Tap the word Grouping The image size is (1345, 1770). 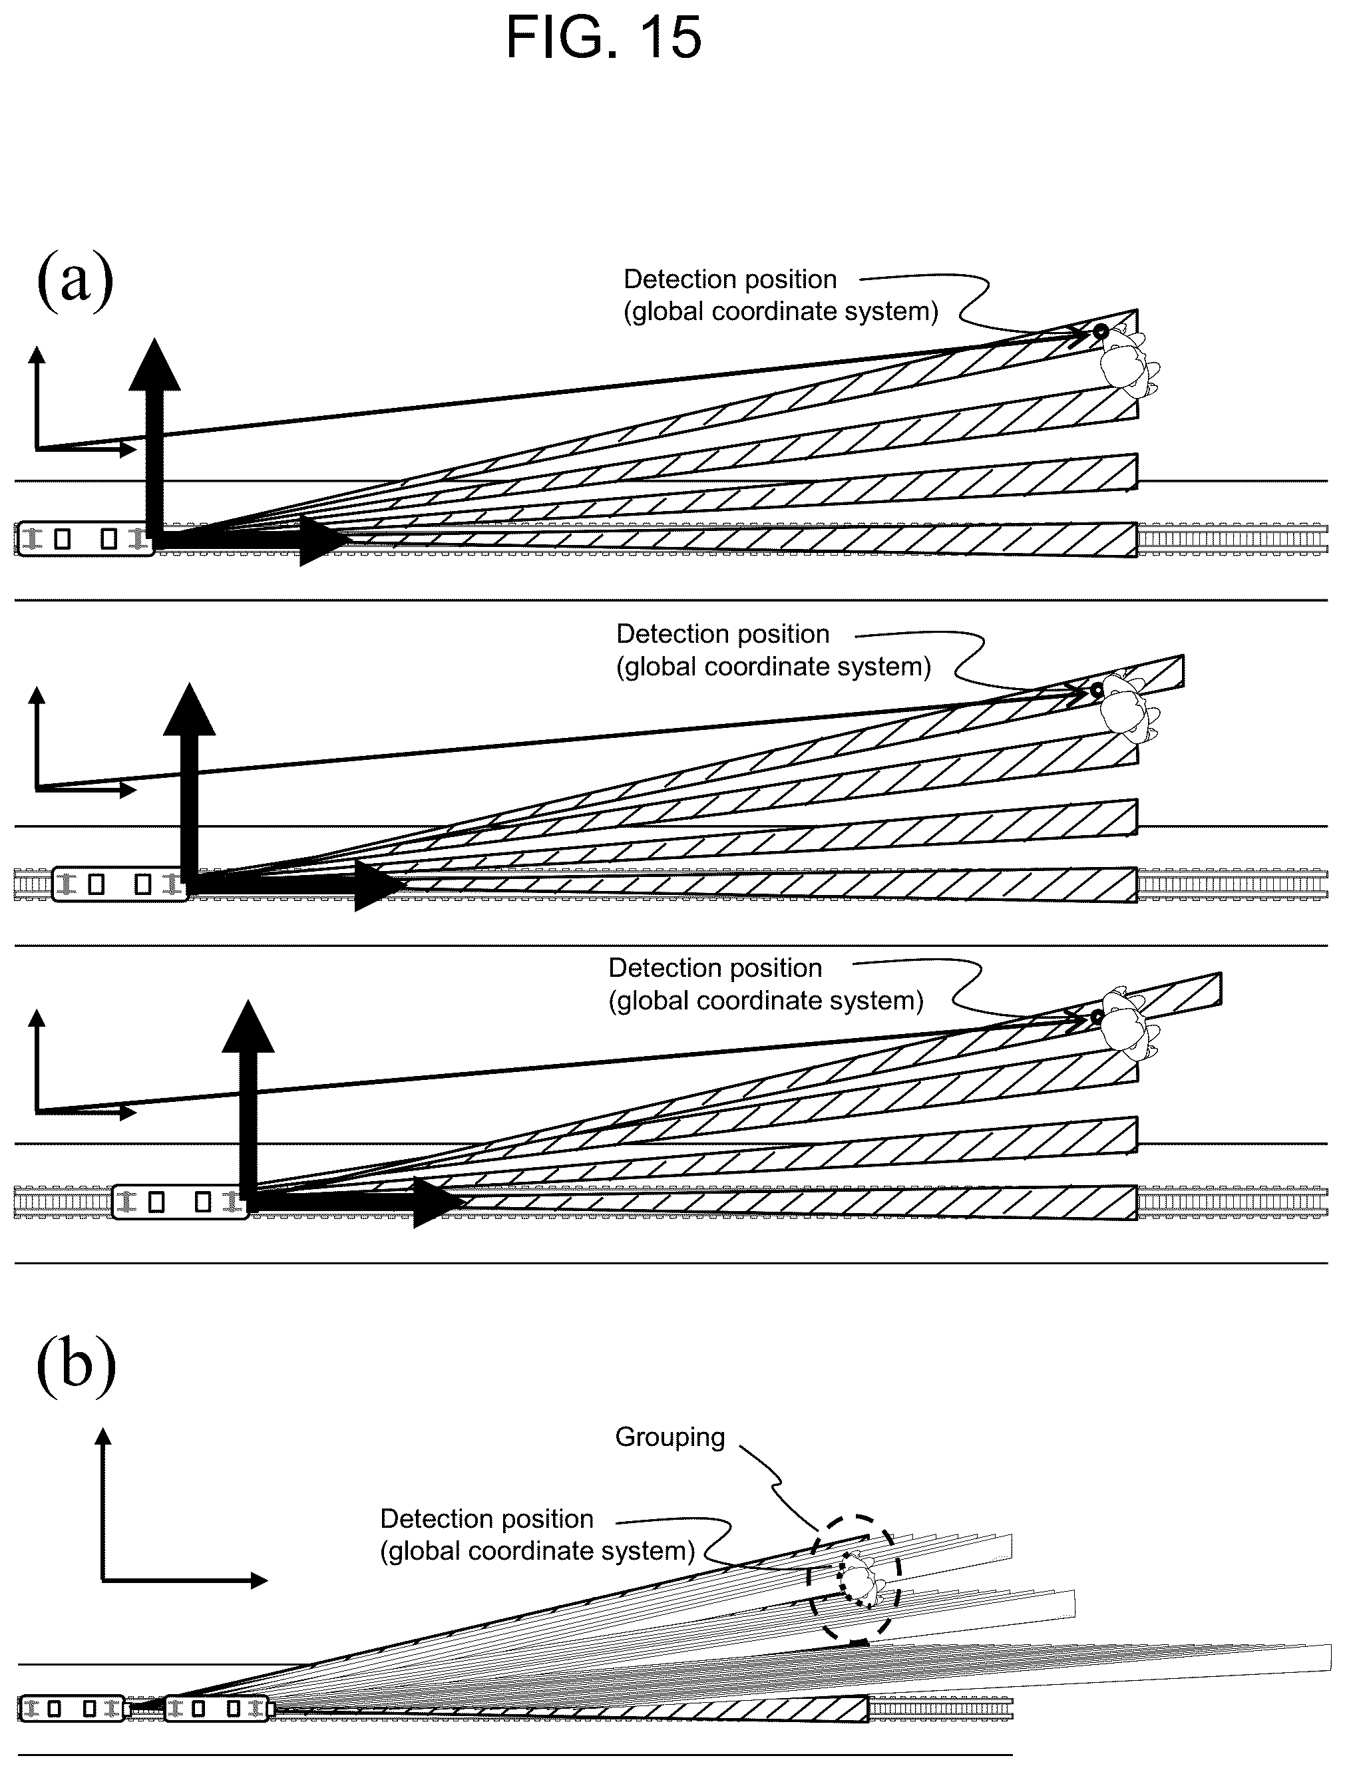670,1437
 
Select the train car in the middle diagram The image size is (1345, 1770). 120,884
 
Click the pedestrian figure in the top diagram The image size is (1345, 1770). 1128,364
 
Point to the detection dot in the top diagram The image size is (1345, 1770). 1101,331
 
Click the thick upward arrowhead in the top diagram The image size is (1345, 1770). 154,364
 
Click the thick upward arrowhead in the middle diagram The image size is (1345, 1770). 190,709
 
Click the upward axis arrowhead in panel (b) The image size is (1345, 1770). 102,1439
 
